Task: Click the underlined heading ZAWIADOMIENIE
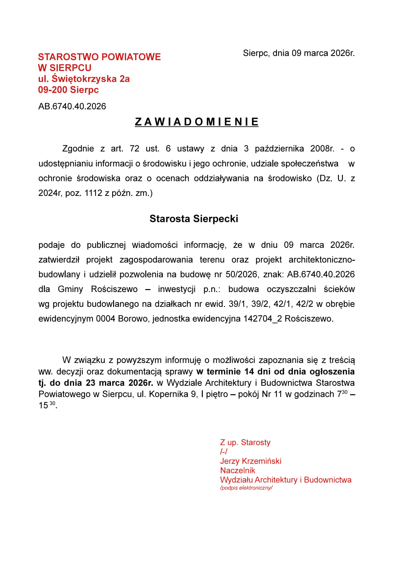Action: click(197, 122)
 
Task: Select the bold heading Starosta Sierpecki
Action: click(194, 219)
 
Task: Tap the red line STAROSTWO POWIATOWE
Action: click(99, 57)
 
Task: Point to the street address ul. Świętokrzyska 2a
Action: click(84, 79)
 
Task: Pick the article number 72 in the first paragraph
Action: click(134, 149)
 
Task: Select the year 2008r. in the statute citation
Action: click(322, 149)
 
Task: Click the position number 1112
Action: click(93, 193)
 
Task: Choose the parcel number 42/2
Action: click(304, 304)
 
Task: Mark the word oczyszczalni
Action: click(291, 289)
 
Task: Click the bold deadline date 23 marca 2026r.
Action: click(120, 383)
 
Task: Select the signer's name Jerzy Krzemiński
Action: click(251, 461)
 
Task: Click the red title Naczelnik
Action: click(238, 470)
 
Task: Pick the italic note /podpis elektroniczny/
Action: click(246, 488)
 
